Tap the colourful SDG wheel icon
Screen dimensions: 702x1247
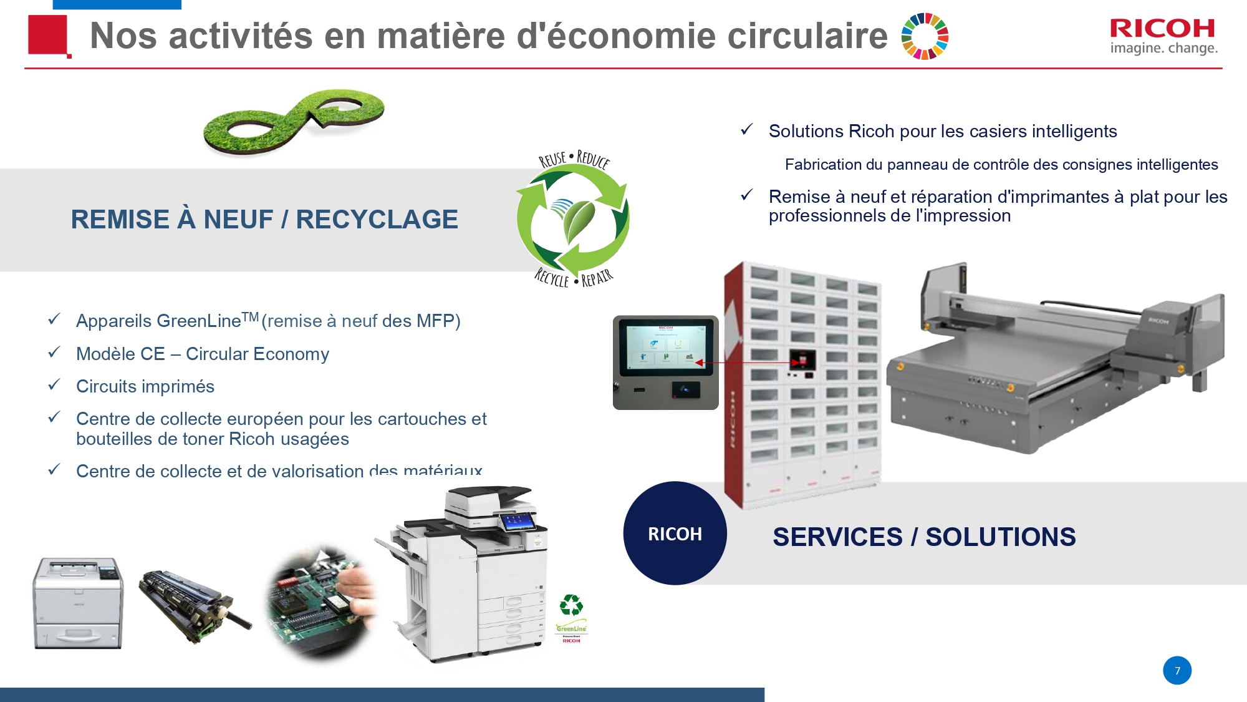click(925, 36)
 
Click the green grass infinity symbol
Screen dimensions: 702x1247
click(294, 121)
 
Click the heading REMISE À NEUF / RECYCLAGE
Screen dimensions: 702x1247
click(264, 220)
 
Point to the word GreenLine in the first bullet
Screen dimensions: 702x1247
click(198, 321)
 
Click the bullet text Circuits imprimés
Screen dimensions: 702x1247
click(145, 386)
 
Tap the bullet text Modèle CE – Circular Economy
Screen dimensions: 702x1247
click(202, 354)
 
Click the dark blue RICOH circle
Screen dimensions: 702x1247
click(675, 534)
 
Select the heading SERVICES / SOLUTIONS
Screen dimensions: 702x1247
click(923, 537)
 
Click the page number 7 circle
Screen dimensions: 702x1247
click(1177, 671)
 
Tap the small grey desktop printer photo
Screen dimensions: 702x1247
click(78, 602)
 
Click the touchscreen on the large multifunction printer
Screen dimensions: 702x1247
click(517, 521)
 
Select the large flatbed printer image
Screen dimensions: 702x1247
click(1054, 362)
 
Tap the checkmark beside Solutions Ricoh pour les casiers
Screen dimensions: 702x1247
click(746, 129)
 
